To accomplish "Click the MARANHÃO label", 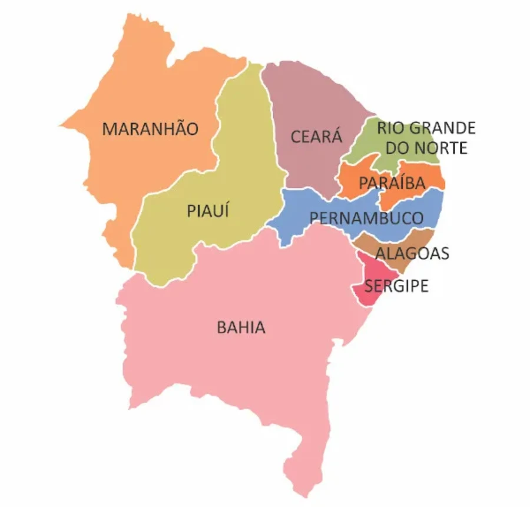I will coord(151,128).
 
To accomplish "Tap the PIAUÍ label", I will coord(207,210).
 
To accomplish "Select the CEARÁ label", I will coord(316,137).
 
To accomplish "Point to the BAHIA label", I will coord(241,327).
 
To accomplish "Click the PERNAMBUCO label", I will coord(366,218).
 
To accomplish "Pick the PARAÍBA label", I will coord(392,183).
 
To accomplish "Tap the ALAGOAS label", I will coord(412,254).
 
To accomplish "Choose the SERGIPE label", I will coord(396,286).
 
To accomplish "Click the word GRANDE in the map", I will coord(442,128).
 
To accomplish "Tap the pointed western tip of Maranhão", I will coord(61,125).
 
